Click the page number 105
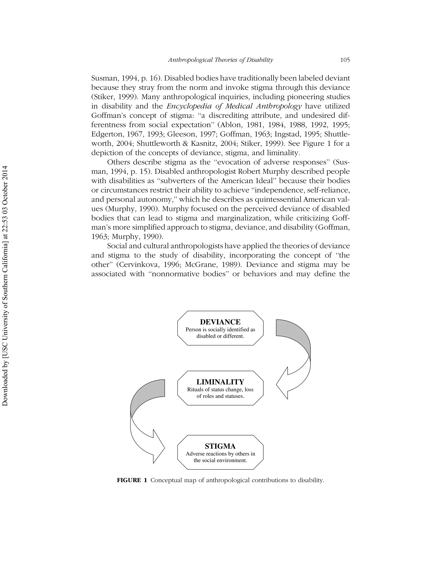coord(345,60)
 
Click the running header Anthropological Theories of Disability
coord(220,60)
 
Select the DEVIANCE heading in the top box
coord(220,322)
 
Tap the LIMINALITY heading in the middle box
coord(220,382)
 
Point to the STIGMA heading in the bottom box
coord(220,446)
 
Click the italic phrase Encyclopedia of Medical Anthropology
coord(234,106)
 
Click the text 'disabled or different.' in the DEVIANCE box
coord(220,336)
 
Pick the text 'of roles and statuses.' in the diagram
coord(220,396)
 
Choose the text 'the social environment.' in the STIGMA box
coord(220,460)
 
